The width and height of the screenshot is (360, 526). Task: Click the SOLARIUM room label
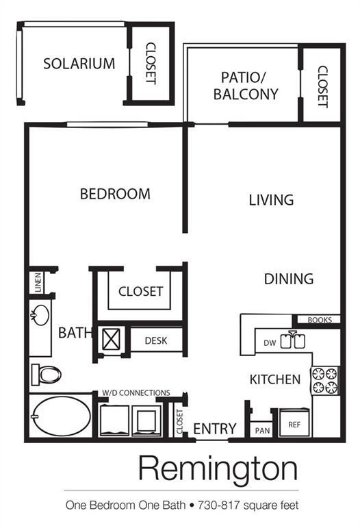point(79,64)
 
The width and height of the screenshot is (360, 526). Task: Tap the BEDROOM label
point(115,194)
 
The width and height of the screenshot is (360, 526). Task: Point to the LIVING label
point(271,200)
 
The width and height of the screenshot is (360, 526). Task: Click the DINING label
point(289,279)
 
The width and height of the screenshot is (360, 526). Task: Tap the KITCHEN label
point(274,379)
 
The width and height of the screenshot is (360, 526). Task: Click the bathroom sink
point(39,316)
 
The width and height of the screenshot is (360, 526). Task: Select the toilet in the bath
point(45,374)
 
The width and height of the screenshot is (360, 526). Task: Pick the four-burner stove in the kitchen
point(325,380)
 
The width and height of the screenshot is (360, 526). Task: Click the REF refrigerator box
point(294,425)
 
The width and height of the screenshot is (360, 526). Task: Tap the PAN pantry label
point(261,430)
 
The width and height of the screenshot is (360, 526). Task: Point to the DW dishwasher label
point(269,342)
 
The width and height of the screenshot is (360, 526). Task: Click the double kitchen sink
point(292,340)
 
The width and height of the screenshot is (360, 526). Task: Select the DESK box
point(156,340)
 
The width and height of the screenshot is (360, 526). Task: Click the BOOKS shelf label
point(319,320)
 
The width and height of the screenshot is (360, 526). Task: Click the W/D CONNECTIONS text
point(136,392)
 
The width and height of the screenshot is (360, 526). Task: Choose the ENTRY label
point(215,429)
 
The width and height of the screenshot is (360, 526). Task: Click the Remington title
point(218,469)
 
